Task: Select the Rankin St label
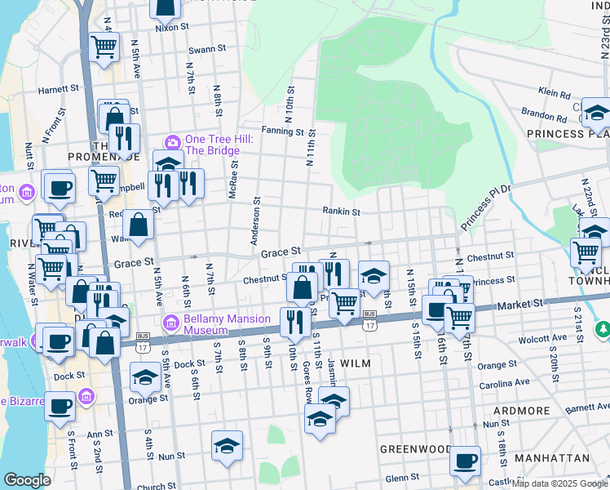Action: pos(341,212)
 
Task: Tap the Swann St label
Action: pos(207,49)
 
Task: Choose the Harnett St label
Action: pos(57,88)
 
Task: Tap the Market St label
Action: pos(522,304)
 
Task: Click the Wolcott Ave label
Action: pos(549,337)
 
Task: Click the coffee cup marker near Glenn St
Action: pos(465,461)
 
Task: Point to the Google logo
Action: pos(27,480)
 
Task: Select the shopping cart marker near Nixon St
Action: pos(104,48)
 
